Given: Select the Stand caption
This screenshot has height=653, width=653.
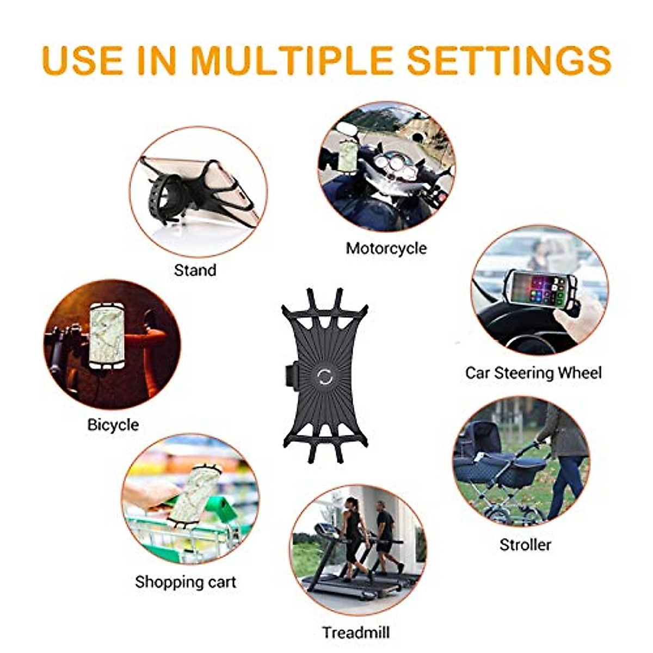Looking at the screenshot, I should pos(195,270).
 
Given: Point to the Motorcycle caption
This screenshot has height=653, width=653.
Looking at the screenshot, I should pos(386,248).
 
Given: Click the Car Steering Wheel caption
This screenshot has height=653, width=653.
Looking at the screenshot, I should pos(533,373).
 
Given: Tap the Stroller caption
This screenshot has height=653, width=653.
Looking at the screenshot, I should pos(525,544).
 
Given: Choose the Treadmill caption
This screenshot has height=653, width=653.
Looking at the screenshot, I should pos(355,632).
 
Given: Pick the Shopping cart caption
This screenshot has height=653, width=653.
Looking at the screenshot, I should pos(186,582).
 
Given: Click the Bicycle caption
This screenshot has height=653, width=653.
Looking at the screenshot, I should pos(113,424).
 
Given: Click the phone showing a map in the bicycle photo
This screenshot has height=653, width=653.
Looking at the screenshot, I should pos(107,334).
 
